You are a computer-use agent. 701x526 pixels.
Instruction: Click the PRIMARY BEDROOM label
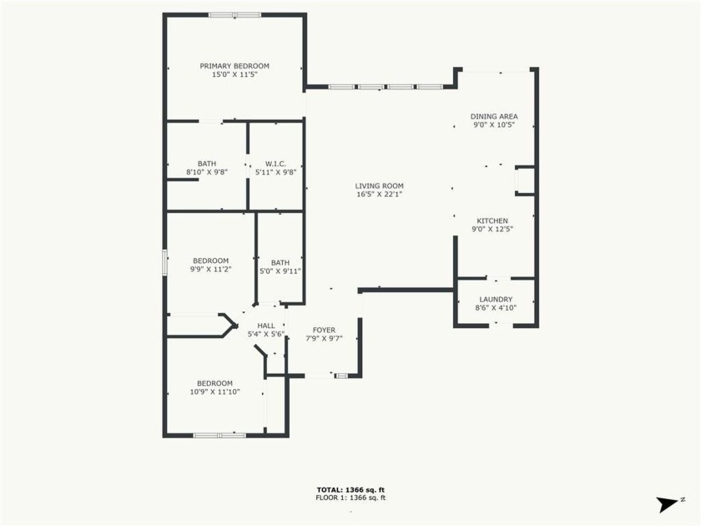(235, 66)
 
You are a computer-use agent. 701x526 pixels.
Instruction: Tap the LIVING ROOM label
(379, 185)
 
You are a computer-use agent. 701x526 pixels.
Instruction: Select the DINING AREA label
(494, 116)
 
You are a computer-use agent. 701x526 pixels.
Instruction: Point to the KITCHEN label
(492, 220)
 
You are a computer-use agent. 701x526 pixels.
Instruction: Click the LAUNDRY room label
(496, 299)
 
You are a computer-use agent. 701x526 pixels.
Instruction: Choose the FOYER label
(324, 330)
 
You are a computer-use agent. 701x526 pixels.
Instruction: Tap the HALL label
(266, 326)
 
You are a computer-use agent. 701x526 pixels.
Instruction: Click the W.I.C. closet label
(275, 164)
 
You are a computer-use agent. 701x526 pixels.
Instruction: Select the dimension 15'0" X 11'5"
(235, 74)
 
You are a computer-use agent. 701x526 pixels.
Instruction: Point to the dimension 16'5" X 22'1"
(380, 194)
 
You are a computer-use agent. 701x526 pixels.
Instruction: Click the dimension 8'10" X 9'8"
(207, 172)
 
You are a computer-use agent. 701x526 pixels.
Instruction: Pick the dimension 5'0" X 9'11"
(280, 271)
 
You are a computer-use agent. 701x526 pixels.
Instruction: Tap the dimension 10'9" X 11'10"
(215, 392)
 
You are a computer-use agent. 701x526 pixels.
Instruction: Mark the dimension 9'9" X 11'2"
(210, 269)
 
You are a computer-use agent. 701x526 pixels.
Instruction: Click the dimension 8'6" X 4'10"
(496, 308)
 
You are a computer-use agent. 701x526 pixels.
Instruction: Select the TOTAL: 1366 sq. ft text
(350, 490)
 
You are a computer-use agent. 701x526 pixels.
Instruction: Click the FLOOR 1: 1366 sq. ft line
(350, 498)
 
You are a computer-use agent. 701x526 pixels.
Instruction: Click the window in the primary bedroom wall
(235, 15)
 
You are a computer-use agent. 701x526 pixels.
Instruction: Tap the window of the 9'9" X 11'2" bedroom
(164, 262)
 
